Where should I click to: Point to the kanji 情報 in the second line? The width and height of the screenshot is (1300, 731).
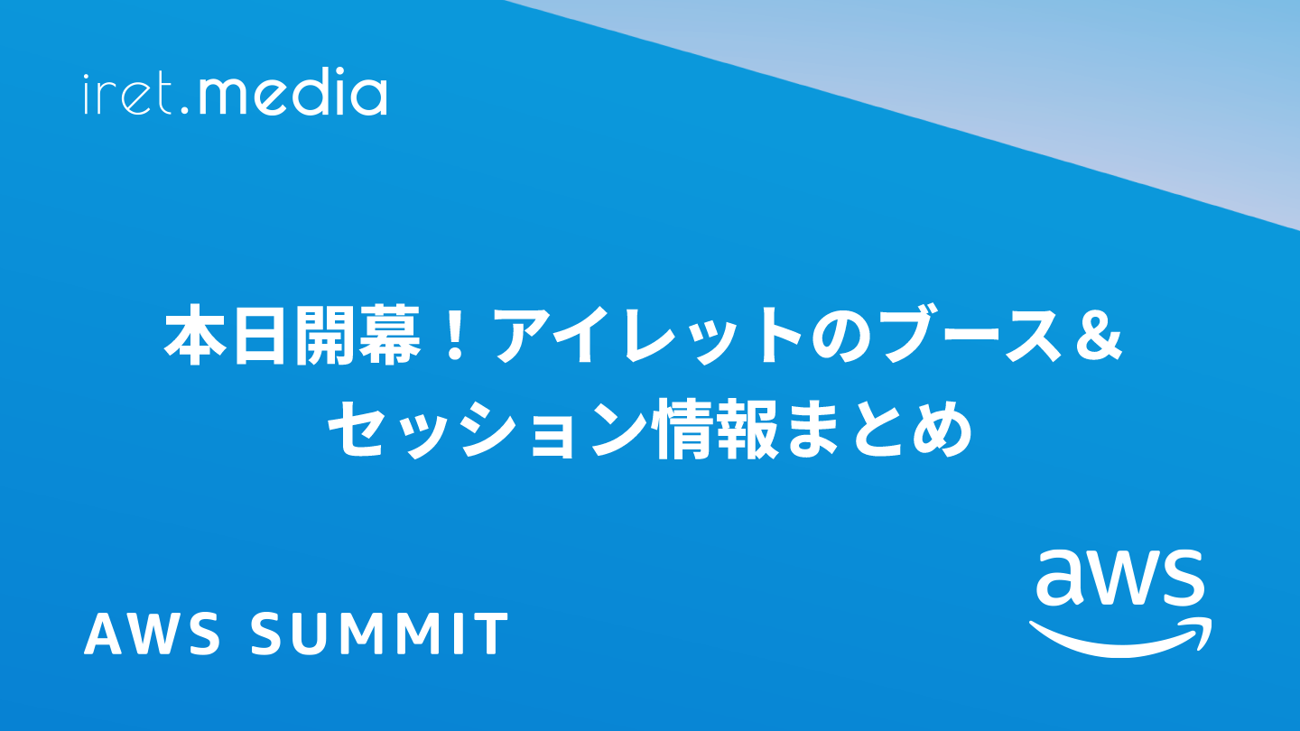point(716,430)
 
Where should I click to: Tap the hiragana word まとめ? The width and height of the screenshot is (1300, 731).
point(877,430)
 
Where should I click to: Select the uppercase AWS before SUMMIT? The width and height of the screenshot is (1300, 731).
point(152,634)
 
